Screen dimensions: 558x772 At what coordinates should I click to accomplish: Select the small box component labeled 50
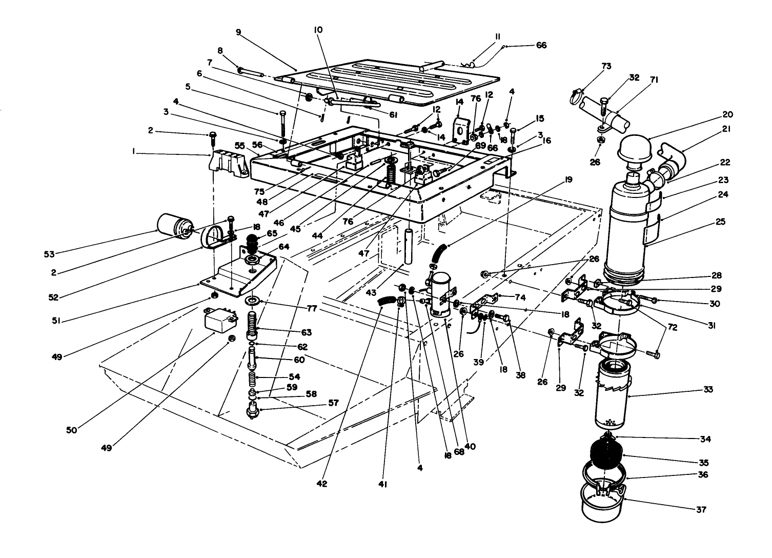pos(218,321)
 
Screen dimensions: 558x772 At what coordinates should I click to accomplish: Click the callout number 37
pos(701,510)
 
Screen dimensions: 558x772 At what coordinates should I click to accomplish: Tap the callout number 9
pos(238,32)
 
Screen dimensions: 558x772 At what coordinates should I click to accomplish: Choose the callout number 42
pos(322,484)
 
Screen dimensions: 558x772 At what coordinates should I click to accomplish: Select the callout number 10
pos(318,30)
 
